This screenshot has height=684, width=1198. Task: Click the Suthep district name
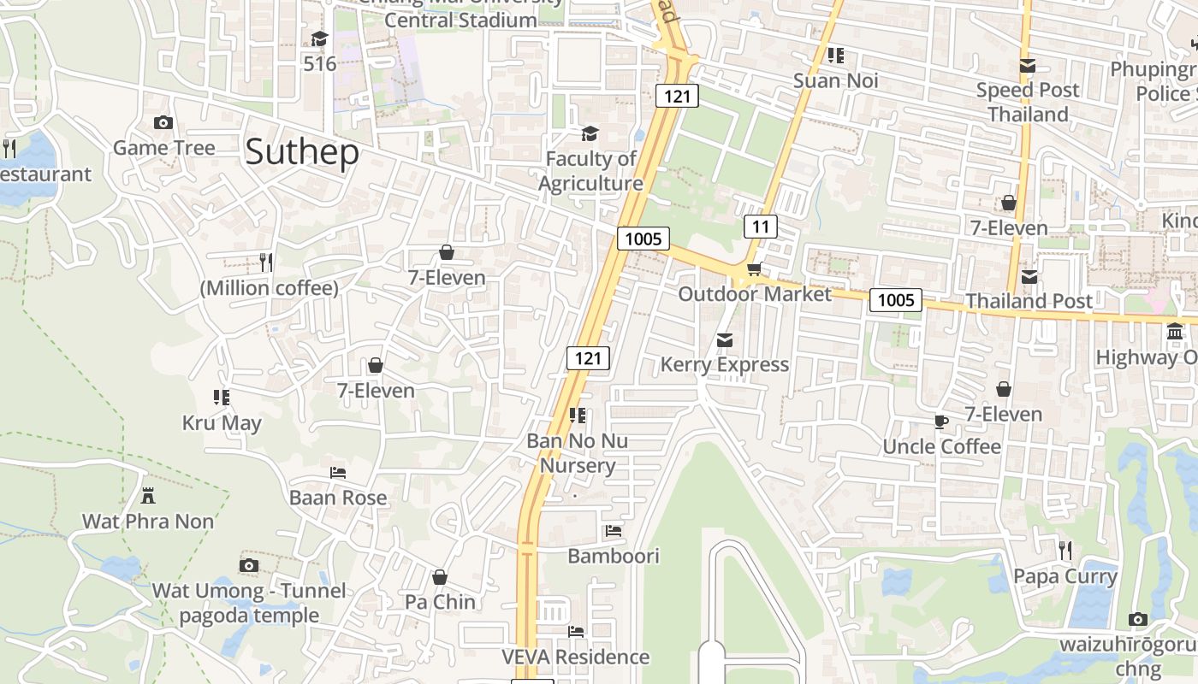tap(301, 152)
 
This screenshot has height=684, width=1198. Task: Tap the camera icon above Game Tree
tap(163, 123)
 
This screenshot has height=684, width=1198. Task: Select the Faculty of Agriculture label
tap(590, 171)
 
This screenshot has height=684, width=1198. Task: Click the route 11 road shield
tap(760, 227)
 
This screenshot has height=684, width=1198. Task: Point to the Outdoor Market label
tap(754, 294)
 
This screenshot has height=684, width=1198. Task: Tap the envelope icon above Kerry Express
tap(725, 340)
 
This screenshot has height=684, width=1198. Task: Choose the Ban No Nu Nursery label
tap(578, 453)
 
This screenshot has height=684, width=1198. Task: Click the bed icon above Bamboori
tap(614, 531)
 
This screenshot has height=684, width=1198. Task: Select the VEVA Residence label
tap(575, 657)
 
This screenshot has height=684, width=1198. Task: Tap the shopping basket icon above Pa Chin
tap(440, 577)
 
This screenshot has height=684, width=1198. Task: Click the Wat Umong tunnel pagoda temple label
tap(249, 603)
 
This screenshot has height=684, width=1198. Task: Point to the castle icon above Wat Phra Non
tap(148, 495)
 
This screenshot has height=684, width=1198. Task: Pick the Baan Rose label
tap(338, 498)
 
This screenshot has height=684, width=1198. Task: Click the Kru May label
tap(222, 423)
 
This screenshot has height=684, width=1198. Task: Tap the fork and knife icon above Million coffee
tap(266, 262)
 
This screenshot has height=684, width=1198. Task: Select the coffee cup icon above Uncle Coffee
tap(941, 422)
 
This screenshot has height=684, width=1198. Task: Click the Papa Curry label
tap(1065, 576)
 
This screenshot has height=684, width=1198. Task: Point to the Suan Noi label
tap(836, 80)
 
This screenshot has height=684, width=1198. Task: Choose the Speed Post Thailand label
tap(1028, 102)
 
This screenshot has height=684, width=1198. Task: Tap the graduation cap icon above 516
tap(320, 38)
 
